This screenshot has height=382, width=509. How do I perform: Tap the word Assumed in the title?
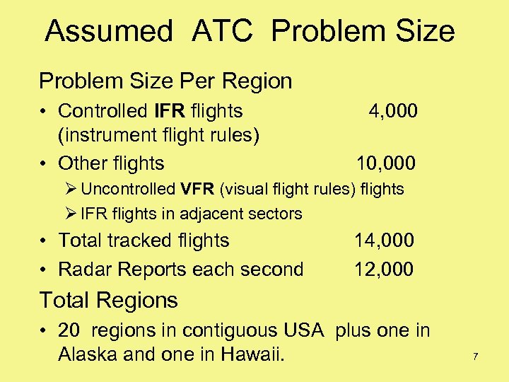coord(108,31)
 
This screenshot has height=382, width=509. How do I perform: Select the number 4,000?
coord(393,111)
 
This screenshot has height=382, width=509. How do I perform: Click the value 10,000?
coord(386,163)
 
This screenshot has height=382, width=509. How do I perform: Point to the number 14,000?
coord(384,241)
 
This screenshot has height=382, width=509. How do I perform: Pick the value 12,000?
coord(384,269)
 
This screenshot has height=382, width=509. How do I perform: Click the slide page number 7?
coord(476,357)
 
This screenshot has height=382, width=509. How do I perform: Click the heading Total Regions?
coord(108,300)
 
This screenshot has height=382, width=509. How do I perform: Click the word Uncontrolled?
coord(128,189)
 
